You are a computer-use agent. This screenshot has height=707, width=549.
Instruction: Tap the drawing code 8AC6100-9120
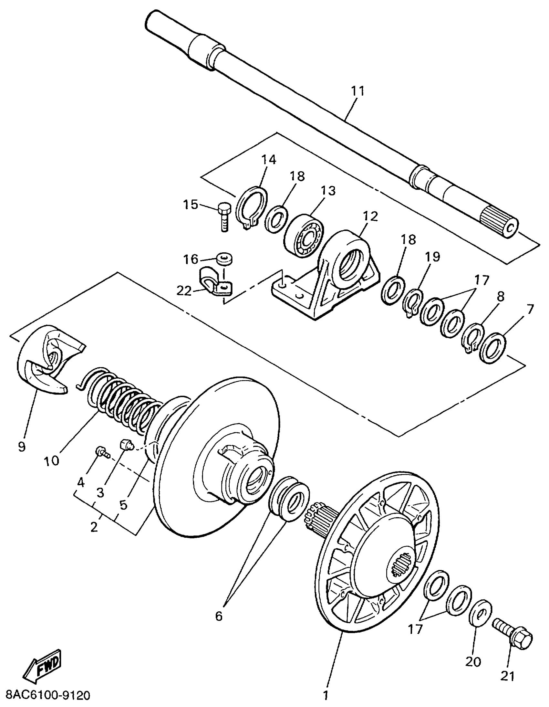click(46, 695)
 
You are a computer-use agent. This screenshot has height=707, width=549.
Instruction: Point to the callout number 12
click(370, 216)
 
